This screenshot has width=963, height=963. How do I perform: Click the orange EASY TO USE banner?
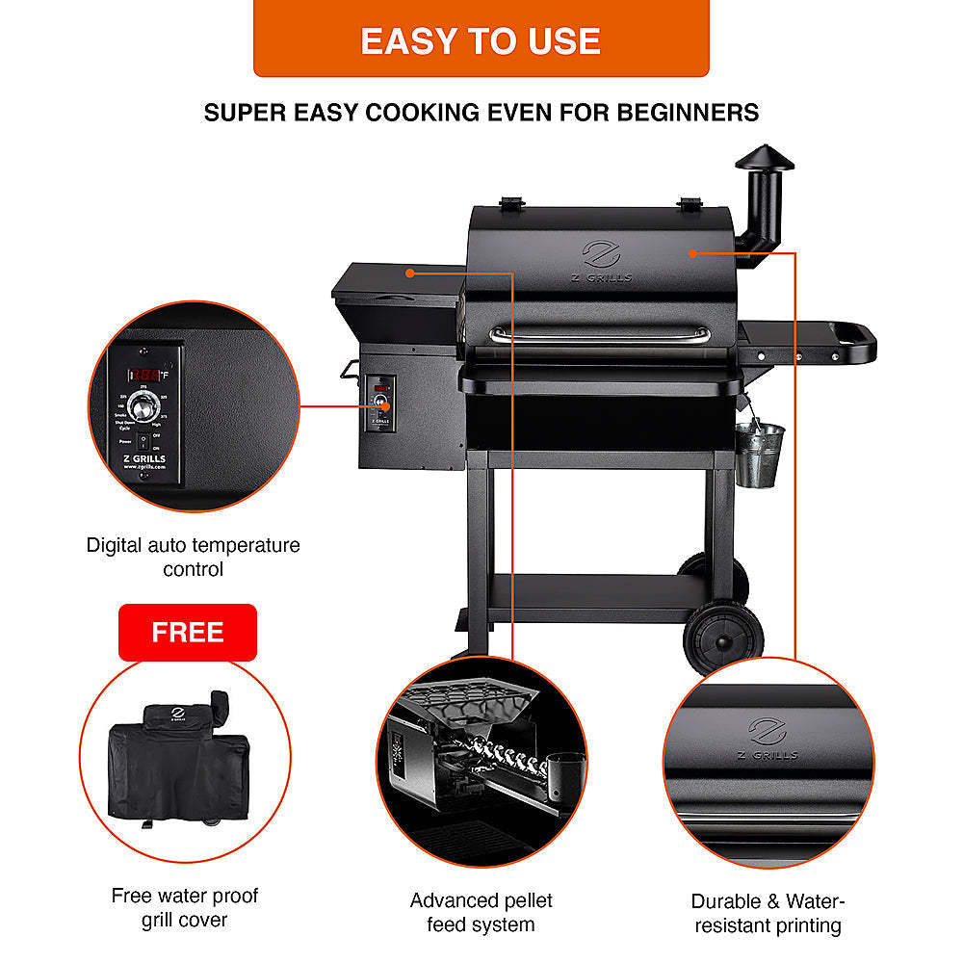pos(481,39)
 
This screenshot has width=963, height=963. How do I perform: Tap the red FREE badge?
pos(188,632)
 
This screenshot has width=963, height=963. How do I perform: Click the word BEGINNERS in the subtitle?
pos(682,113)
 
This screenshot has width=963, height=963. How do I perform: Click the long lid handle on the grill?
pos(599,333)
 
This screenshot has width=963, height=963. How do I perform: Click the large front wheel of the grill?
pos(723,637)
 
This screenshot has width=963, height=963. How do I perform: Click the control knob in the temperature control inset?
pos(143,410)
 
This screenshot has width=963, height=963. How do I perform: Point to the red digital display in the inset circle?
pos(146,373)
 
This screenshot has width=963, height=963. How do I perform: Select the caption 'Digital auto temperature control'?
pos(193,557)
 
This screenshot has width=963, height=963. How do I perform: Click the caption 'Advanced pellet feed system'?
pos(481,912)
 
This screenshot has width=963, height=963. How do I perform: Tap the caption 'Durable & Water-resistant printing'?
pos(768,913)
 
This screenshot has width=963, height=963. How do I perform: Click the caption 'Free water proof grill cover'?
pos(184,907)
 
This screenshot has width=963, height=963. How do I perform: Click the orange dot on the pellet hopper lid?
pos(410,273)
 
